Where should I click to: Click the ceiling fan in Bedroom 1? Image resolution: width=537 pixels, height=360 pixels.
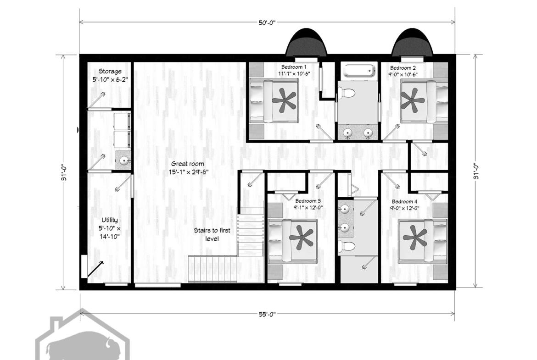pos(284,100)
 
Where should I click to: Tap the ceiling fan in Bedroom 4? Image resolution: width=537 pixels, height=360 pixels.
pos(415,237)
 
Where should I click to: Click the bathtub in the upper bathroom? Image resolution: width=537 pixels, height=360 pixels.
pos(358,71)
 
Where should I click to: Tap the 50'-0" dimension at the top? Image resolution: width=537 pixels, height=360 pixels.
pos(267,22)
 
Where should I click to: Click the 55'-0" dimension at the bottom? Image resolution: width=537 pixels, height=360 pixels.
pos(267,314)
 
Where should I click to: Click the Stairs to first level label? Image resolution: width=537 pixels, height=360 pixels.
pos(212,234)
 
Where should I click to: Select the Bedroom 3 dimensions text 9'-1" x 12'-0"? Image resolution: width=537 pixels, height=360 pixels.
pos(308,207)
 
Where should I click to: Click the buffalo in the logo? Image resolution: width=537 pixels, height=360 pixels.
pos(81,345)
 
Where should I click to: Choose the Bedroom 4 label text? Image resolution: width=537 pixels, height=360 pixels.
pos(404,202)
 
